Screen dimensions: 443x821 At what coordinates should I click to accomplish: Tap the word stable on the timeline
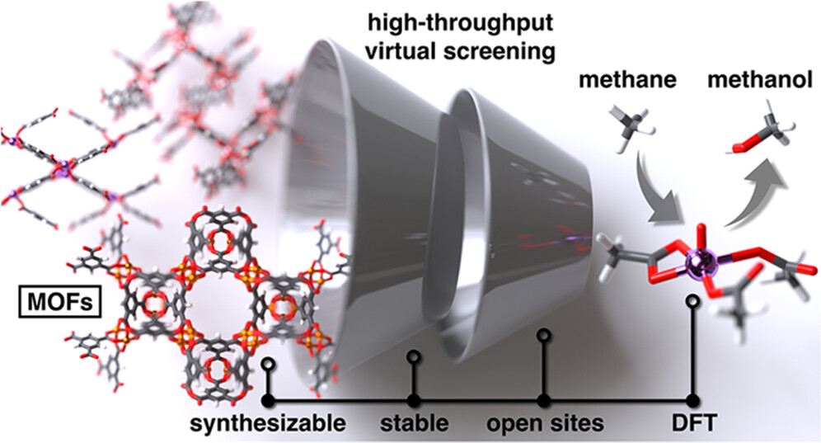[x=414, y=425]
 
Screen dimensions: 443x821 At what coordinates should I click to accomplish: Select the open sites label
[x=544, y=425]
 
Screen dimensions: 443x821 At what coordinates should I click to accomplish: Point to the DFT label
[x=691, y=425]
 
